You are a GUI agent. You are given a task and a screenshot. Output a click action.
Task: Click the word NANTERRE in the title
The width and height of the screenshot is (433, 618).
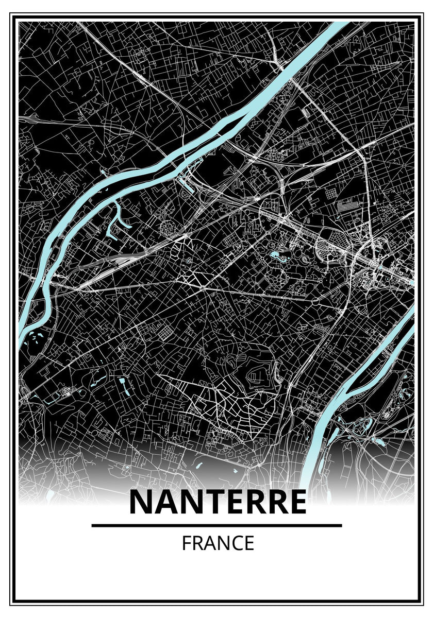click(x=218, y=503)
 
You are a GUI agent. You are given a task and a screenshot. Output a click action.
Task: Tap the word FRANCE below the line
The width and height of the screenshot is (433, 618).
click(x=218, y=543)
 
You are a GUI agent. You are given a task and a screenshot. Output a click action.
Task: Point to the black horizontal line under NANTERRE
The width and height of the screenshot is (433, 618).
click(x=216, y=525)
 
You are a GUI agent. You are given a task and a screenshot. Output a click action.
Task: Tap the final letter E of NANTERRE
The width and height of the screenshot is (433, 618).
click(x=296, y=503)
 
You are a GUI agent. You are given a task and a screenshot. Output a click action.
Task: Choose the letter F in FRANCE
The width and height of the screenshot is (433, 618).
click(x=186, y=543)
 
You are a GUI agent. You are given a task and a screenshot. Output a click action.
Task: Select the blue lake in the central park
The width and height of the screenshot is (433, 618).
click(x=275, y=254)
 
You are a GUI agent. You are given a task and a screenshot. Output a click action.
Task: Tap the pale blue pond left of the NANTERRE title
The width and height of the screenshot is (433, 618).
click(x=50, y=495)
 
